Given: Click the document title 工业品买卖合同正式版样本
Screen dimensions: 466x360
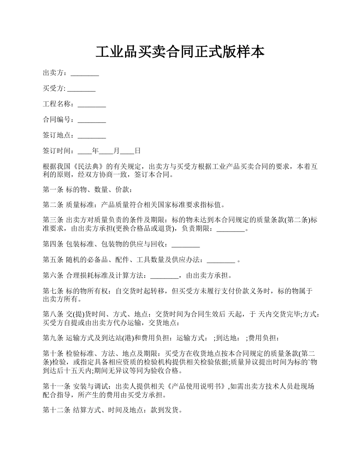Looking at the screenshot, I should (x=180, y=52).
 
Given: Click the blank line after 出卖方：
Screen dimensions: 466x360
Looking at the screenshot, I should (x=85, y=73).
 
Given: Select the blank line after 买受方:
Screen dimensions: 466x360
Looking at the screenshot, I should (x=81, y=89).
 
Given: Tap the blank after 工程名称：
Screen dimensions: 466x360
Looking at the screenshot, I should (x=92, y=105).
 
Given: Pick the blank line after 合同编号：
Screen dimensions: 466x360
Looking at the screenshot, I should (x=92, y=120).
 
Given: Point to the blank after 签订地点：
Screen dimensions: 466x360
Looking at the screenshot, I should (x=92, y=136).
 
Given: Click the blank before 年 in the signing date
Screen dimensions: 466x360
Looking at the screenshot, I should (x=85, y=151).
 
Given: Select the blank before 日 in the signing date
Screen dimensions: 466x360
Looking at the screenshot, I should (x=127, y=151).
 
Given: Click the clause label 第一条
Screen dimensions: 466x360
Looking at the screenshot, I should (x=53, y=190).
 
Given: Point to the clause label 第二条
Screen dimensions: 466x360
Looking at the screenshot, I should (x=53, y=205).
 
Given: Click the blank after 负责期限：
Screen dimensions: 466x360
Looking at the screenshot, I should (x=232, y=229).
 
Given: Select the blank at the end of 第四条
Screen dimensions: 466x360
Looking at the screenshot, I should (x=186, y=244).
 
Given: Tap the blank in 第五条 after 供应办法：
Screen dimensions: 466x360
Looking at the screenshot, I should (x=221, y=260).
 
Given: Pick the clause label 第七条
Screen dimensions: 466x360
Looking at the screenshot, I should (x=53, y=291).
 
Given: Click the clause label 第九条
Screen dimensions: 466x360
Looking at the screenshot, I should (x=53, y=338).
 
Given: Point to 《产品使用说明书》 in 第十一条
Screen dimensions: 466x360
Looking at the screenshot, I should (x=199, y=386).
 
